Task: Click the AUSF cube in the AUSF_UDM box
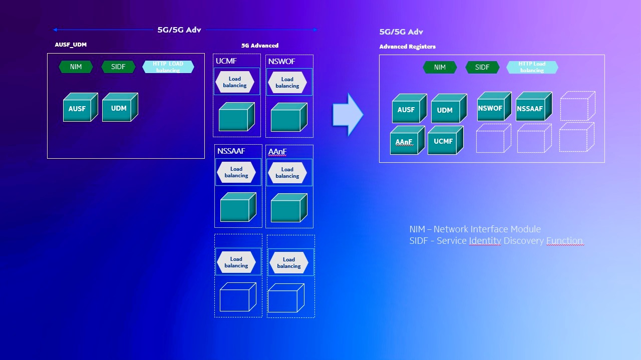click(81, 107)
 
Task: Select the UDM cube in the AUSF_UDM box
click(120, 107)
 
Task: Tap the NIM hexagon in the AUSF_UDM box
click(76, 67)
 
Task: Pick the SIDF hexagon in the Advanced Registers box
click(482, 67)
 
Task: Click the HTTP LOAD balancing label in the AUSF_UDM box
click(168, 67)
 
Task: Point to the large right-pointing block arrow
click(348, 114)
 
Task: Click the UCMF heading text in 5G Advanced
click(226, 61)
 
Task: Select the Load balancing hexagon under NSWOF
click(287, 83)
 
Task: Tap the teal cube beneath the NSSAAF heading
click(238, 207)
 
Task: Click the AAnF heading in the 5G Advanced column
click(277, 151)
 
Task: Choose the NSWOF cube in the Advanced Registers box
click(494, 106)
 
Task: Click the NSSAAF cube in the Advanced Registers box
click(534, 106)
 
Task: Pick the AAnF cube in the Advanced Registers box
click(408, 140)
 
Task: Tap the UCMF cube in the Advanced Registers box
click(446, 140)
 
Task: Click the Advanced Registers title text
click(408, 47)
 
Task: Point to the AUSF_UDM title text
click(71, 45)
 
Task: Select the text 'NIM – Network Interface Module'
click(475, 229)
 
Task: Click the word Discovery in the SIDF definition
click(523, 241)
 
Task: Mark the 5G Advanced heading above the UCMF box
click(260, 46)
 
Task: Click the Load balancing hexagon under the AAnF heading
click(287, 173)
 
